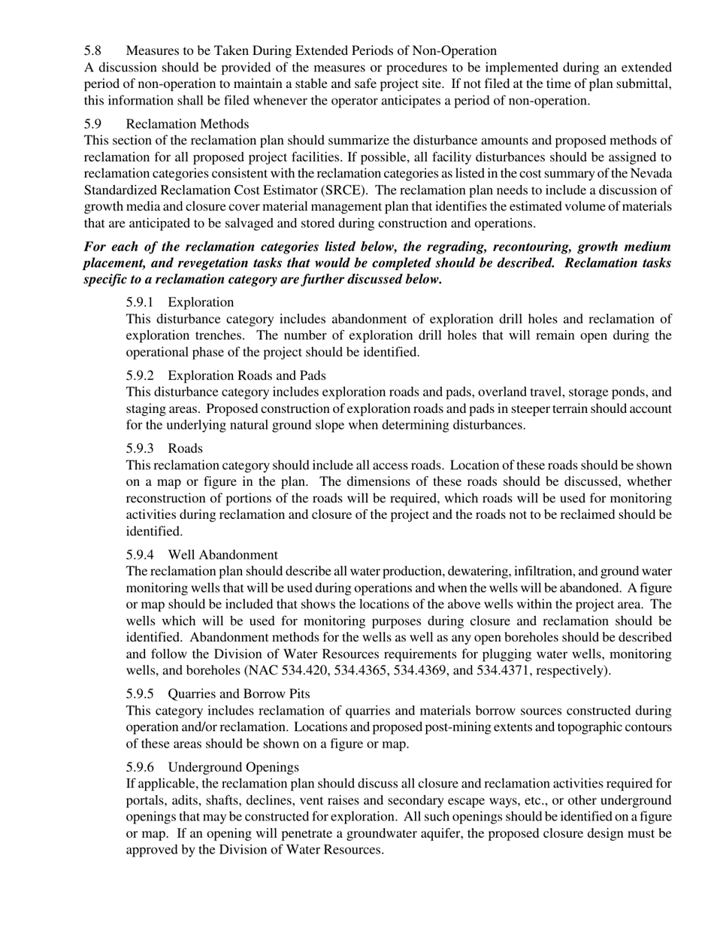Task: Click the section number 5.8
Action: (92, 51)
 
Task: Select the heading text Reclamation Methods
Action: (187, 124)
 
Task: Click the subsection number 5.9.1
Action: (140, 302)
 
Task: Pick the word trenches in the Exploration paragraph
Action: (208, 335)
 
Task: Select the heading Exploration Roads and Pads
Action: (247, 375)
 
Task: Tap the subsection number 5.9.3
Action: (140, 448)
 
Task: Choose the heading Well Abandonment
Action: (222, 555)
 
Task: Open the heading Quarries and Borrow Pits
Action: (238, 693)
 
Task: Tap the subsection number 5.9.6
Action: (140, 767)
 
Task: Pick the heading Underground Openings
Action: (233, 767)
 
